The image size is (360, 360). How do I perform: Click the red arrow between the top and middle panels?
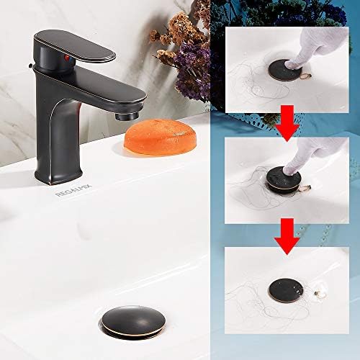coord(289,120)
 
